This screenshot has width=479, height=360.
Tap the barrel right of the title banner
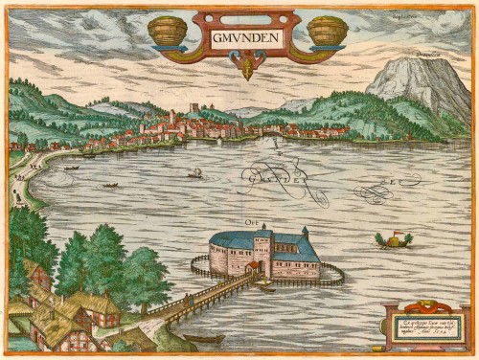[326, 33]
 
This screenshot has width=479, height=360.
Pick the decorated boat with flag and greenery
[393, 239]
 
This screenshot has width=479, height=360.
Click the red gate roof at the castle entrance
[262, 268]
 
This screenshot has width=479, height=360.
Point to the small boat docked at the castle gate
[264, 284]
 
